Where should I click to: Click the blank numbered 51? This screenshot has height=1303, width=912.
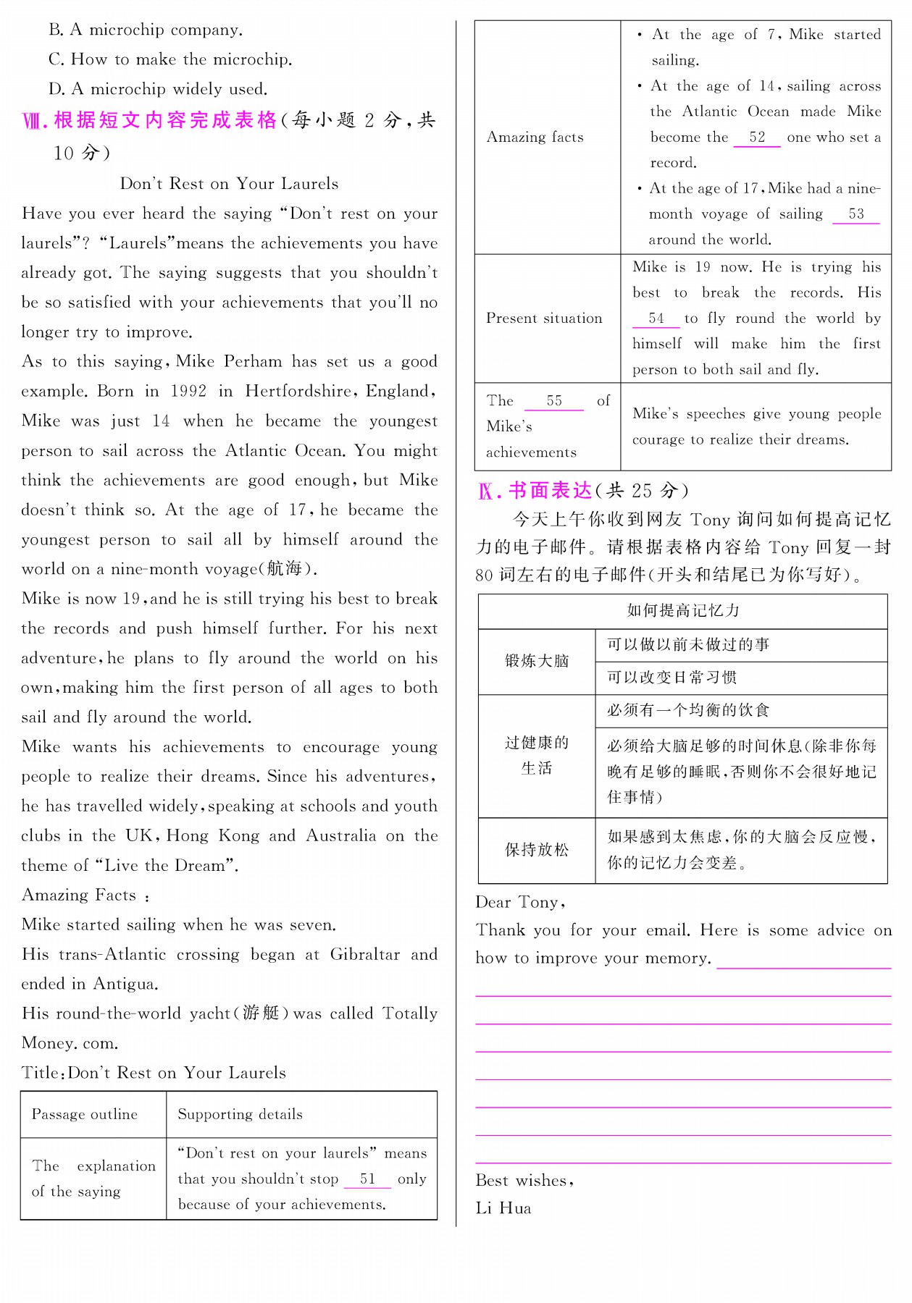(x=367, y=1179)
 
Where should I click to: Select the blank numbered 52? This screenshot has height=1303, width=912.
(x=757, y=138)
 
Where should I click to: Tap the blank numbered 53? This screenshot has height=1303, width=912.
(x=855, y=214)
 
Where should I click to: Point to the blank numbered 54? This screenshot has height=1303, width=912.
(x=656, y=319)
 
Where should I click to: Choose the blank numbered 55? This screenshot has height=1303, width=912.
(x=554, y=401)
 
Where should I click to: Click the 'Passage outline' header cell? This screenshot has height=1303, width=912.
(x=85, y=1114)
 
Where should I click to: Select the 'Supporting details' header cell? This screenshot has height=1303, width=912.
(x=240, y=1114)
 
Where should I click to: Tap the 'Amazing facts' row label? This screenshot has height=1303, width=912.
(x=535, y=138)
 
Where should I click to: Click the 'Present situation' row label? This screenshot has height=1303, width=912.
(x=544, y=319)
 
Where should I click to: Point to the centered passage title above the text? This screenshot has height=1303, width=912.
(x=229, y=184)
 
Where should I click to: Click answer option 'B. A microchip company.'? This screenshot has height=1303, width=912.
(x=146, y=30)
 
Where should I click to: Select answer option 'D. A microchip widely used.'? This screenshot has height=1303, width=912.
(x=158, y=89)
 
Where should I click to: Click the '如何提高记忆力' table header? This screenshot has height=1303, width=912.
(x=682, y=610)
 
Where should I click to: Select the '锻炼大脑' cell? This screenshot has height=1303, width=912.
(x=537, y=661)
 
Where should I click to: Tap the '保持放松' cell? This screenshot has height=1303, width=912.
(x=537, y=850)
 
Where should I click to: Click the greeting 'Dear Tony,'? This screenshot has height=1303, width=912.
(x=520, y=903)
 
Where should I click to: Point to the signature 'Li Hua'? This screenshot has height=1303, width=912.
(x=503, y=1208)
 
